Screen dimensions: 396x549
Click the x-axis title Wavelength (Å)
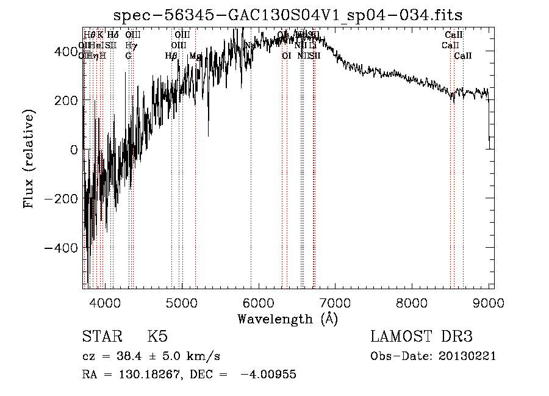click(287, 319)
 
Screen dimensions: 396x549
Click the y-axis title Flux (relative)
click(29, 158)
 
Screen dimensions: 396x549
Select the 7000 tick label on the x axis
click(335, 302)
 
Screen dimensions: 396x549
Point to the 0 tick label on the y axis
click(73, 149)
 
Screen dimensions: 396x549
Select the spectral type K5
click(157, 337)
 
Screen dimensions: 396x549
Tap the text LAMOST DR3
click(422, 337)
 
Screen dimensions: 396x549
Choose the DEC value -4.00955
click(268, 375)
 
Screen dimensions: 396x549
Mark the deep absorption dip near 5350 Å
click(208, 135)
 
